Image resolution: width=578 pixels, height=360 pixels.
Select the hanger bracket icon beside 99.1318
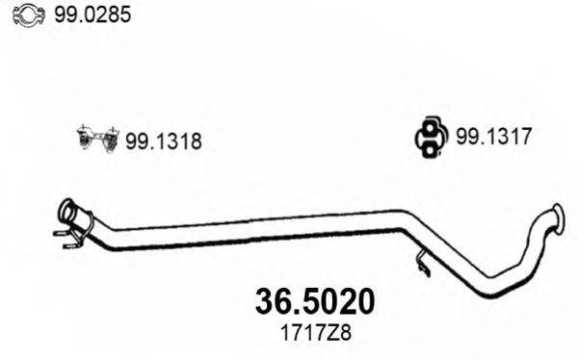click(96, 140)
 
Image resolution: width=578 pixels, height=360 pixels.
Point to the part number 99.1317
click(488, 138)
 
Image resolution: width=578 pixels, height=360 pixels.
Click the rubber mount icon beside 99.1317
click(428, 137)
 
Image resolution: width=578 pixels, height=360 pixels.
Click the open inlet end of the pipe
click(66, 208)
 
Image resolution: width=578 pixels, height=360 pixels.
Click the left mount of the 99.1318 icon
click(84, 140)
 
